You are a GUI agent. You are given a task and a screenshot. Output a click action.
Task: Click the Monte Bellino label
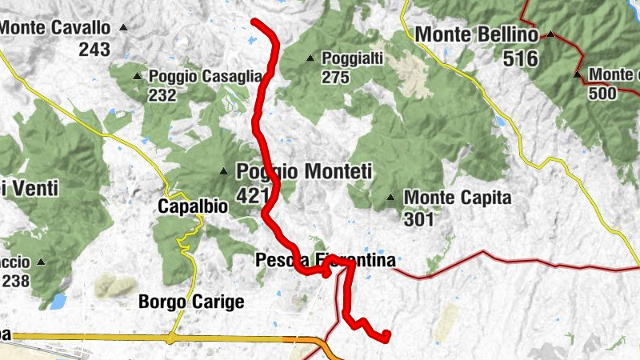[x=477, y=35]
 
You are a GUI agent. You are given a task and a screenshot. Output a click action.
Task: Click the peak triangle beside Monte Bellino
[x=551, y=34]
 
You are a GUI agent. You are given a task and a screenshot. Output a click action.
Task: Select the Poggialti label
[x=353, y=58]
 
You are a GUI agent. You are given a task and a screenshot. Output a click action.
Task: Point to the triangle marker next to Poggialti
[x=310, y=58]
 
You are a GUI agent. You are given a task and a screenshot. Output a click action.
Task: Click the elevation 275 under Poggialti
[x=337, y=78]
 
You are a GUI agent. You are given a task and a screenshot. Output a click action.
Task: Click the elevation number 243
[x=94, y=49]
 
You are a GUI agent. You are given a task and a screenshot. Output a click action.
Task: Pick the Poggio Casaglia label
[x=206, y=76]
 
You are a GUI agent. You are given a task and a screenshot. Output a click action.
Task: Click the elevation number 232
[x=162, y=95]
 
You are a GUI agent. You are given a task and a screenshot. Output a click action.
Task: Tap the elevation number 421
[x=253, y=194]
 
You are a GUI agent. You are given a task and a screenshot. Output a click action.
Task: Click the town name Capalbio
[x=193, y=206]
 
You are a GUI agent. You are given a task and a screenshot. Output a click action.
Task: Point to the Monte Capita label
[x=457, y=197]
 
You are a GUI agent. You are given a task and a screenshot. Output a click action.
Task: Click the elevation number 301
[x=418, y=218]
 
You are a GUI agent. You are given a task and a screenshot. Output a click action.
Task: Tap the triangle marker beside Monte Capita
[x=390, y=198]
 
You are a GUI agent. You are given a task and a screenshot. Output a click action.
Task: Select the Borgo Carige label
[x=191, y=302]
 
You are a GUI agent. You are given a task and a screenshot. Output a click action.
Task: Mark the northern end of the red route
[x=254, y=22]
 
